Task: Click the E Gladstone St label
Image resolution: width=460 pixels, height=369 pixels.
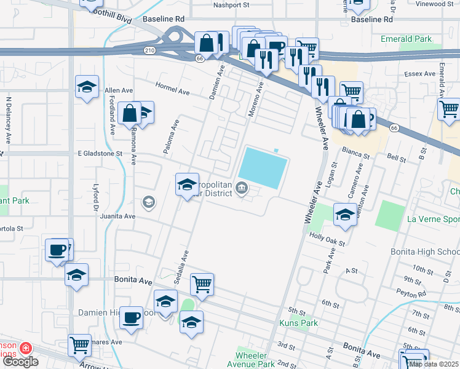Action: click(x=100, y=153)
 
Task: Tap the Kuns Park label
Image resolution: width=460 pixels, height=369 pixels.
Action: click(x=298, y=323)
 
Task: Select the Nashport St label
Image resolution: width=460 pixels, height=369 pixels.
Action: click(x=230, y=5)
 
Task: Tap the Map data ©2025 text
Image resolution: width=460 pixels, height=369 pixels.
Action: click(x=433, y=364)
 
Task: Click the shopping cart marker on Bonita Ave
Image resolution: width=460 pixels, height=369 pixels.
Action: click(x=202, y=284)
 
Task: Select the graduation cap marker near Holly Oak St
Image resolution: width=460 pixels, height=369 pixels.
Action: click(x=345, y=215)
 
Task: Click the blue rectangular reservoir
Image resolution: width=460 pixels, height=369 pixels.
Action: click(x=263, y=167)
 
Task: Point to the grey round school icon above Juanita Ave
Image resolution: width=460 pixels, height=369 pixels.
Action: click(x=148, y=202)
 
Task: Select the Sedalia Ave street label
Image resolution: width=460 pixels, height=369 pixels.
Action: click(x=184, y=261)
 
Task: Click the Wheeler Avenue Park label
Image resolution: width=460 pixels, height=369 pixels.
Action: click(x=255, y=360)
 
